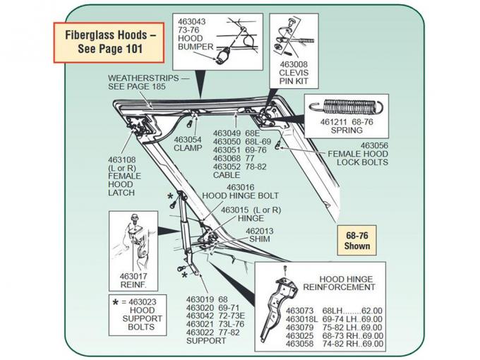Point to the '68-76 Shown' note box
pyautogui.click(x=356, y=241)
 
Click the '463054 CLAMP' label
pyautogui.click(x=188, y=144)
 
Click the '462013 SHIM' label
pyautogui.click(x=259, y=235)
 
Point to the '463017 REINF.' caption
pyautogui.click(x=134, y=280)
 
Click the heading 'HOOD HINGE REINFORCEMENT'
pyautogui.click(x=338, y=284)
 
